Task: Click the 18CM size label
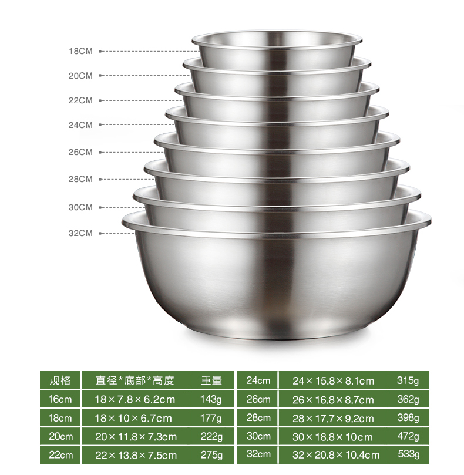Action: click(80, 51)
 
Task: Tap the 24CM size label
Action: click(80, 125)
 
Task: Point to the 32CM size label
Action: click(80, 233)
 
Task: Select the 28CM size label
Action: click(80, 179)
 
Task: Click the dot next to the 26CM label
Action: click(100, 153)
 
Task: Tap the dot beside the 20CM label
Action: click(100, 75)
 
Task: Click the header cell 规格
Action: click(60, 380)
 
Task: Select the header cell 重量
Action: click(211, 380)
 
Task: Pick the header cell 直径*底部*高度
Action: click(135, 380)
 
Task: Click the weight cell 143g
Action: click(211, 399)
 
